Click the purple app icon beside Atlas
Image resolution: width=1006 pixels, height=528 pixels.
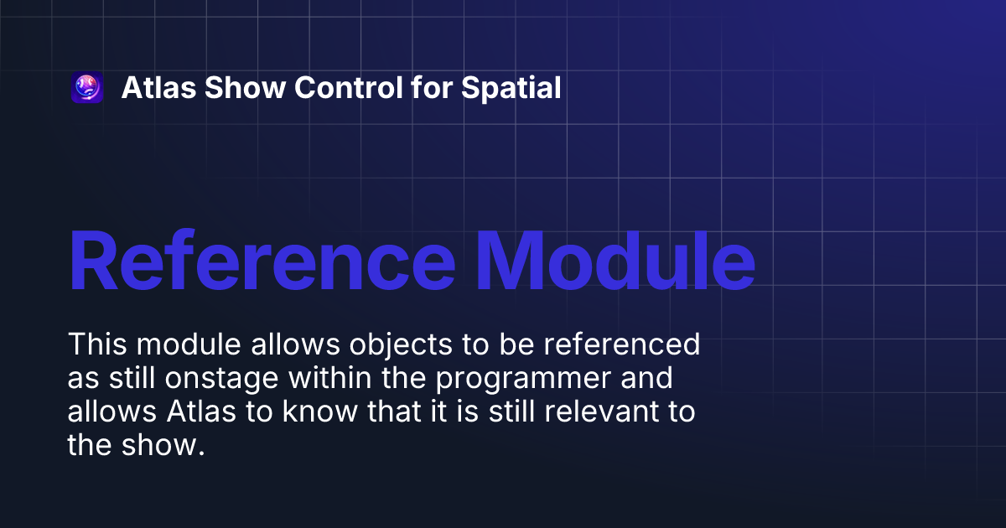(87, 88)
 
